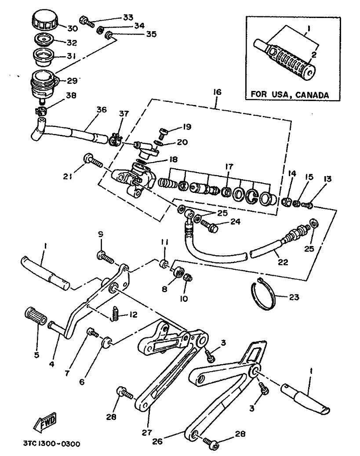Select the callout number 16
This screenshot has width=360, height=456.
click(x=218, y=93)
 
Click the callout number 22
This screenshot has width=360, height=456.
click(x=283, y=262)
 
